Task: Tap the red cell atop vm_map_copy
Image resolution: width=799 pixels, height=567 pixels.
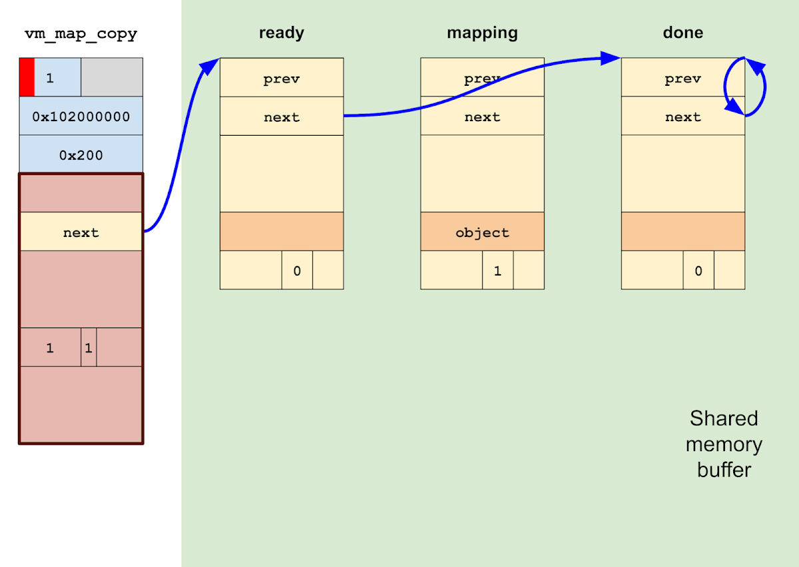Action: [x=27, y=77]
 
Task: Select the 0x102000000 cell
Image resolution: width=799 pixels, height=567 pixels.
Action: [x=81, y=116]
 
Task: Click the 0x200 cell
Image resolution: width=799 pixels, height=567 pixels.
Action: [x=81, y=155]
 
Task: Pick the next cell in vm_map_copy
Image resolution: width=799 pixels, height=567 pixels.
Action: [x=81, y=232]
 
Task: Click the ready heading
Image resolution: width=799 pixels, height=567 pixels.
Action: [x=281, y=33]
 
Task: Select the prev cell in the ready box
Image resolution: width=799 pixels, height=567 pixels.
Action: [x=282, y=79]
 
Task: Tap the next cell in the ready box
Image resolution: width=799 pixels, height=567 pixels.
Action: [x=282, y=117]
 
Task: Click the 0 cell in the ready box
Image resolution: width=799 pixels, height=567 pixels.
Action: [x=297, y=270]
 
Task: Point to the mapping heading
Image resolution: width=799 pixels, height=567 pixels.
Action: [x=482, y=33]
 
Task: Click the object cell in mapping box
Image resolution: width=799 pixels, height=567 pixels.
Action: [x=482, y=232]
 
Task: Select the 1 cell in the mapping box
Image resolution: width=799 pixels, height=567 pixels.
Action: [x=497, y=270]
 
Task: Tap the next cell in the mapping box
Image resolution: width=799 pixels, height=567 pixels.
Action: [x=482, y=117]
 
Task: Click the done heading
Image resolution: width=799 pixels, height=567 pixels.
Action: [x=682, y=33]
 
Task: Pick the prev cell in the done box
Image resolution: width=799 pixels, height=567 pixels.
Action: [x=682, y=79]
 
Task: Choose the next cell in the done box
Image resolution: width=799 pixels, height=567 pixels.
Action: [x=682, y=117]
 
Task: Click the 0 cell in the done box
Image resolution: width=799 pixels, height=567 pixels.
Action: [x=698, y=270]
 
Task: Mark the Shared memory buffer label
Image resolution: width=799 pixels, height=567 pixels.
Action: [x=724, y=444]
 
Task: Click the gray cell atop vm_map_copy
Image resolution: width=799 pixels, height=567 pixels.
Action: [x=112, y=77]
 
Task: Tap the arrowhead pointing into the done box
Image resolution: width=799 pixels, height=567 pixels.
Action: [x=611, y=58]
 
